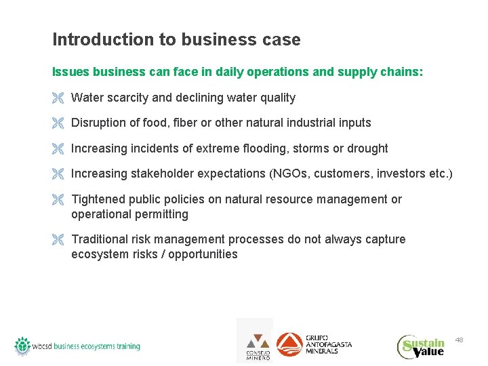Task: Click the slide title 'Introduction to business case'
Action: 176,40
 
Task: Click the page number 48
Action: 459,339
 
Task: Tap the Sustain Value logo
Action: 421,346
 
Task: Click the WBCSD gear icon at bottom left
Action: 23,346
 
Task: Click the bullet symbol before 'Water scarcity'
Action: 58,98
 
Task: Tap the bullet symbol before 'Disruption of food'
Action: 58,123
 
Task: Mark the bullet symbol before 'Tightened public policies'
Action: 58,200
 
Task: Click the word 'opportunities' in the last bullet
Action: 203,254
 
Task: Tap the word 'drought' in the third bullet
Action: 367,148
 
